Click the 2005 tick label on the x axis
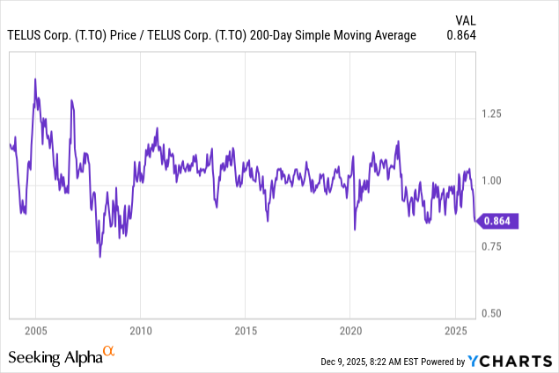36,332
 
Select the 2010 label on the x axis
141,332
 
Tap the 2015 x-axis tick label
246,332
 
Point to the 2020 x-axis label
350,332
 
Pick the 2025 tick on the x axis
454,332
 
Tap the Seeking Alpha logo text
55,357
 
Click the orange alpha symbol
109,353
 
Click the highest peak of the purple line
35,79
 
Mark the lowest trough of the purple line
100,256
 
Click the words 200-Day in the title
292,35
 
